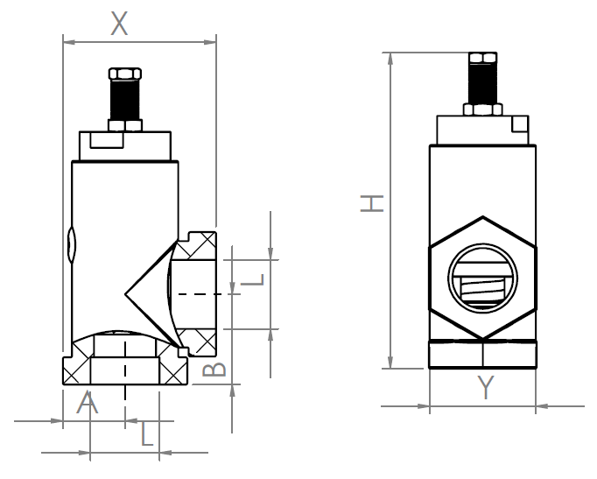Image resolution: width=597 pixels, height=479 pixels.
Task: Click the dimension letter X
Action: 119,24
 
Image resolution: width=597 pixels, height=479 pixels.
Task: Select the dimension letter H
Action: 372,203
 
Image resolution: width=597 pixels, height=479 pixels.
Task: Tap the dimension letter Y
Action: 486,387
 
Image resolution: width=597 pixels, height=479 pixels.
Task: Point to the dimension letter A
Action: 88,402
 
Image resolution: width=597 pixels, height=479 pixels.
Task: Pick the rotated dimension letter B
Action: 214,370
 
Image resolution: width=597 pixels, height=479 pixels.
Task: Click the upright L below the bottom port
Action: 147,433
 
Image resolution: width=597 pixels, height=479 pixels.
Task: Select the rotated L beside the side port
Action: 252,280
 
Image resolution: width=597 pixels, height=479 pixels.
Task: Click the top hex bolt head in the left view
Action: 125,74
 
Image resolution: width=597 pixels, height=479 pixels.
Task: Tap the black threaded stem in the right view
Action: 483,83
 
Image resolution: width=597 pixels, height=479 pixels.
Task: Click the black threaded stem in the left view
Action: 125,100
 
